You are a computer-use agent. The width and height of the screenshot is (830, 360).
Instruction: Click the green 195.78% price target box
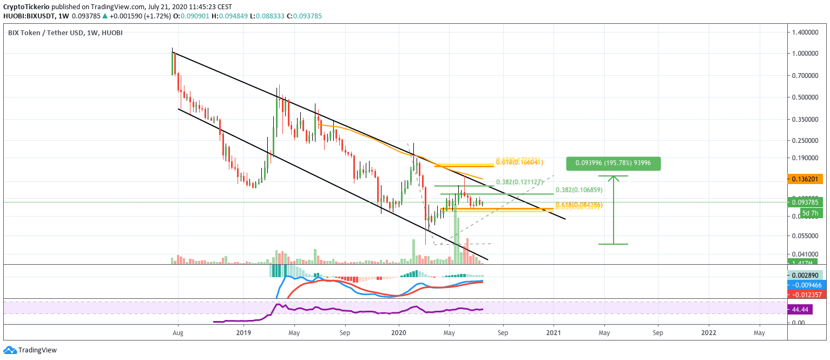click(x=614, y=163)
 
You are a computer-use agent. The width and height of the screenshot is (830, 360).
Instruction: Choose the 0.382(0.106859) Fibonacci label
click(x=578, y=191)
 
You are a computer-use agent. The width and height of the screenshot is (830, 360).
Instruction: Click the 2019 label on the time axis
click(x=243, y=333)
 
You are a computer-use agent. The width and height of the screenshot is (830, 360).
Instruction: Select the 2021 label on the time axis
click(x=554, y=333)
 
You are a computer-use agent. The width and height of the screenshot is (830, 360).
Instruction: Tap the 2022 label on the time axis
click(x=708, y=333)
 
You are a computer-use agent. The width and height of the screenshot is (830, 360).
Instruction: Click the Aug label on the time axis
click(x=178, y=333)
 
